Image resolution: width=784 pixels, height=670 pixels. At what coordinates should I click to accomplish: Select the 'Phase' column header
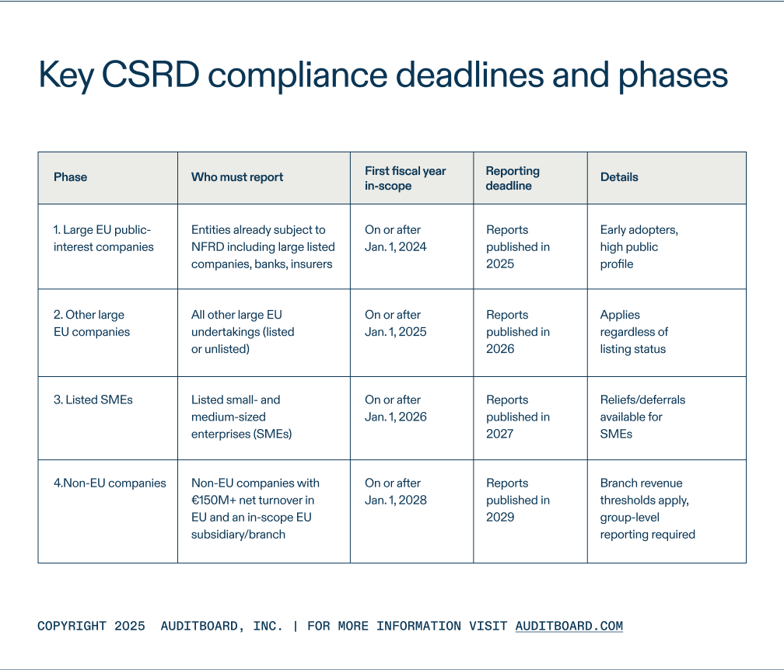click(70, 177)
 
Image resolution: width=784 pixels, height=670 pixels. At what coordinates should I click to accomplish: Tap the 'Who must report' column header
click(237, 177)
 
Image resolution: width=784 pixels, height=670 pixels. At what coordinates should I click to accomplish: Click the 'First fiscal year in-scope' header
click(405, 178)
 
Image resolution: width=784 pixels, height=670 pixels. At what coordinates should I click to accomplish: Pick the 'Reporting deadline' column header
click(513, 178)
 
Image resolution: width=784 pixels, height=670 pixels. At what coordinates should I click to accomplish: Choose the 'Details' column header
click(619, 177)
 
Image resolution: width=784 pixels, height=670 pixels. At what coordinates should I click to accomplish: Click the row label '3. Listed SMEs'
click(93, 400)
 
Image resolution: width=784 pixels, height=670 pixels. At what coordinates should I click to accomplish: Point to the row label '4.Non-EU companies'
click(110, 483)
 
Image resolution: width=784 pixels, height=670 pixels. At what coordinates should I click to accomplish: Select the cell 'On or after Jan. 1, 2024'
click(396, 239)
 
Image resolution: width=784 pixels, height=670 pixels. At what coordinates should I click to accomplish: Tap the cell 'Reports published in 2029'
click(518, 500)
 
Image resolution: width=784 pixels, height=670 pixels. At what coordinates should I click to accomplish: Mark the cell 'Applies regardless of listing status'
click(634, 332)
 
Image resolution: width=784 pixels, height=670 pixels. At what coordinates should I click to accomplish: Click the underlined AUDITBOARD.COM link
click(569, 626)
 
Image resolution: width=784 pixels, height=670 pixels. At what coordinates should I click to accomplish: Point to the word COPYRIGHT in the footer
click(72, 626)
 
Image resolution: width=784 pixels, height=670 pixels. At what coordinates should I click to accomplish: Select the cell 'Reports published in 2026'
click(518, 332)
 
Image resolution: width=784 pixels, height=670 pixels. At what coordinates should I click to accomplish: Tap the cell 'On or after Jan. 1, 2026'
click(396, 408)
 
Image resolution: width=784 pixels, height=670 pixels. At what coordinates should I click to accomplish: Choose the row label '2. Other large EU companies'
click(92, 323)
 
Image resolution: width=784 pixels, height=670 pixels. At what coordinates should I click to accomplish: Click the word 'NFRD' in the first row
click(208, 247)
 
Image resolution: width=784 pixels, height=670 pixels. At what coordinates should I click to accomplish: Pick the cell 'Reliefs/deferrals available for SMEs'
click(642, 417)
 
